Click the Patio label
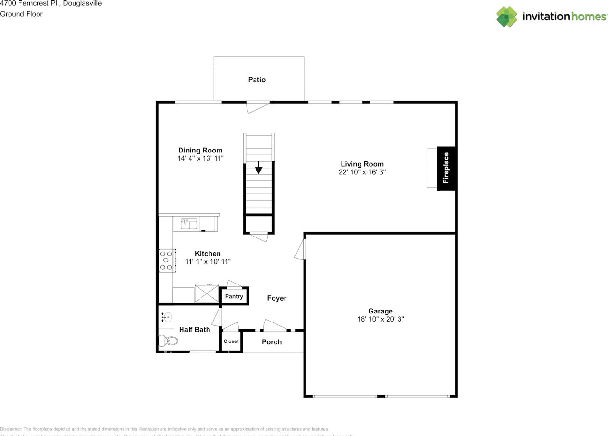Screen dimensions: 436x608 coord(256,80)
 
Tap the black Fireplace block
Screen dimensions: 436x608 coord(446,168)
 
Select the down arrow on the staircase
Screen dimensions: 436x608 coord(258,168)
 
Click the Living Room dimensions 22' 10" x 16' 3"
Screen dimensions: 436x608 coord(362,172)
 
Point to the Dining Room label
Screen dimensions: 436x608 coord(200,150)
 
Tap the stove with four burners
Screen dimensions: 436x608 coord(167,260)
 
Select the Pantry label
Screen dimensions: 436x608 coord(234,296)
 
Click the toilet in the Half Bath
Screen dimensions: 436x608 coord(168,341)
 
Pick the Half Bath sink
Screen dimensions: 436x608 coord(166,316)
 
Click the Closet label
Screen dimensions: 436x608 coord(231,341)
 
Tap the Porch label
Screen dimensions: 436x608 coord(272,342)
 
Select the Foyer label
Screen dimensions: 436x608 coord(276,298)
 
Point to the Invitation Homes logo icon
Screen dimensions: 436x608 coord(506,17)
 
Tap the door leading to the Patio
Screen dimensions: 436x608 coord(258,106)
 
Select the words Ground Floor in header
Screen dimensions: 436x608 coord(21,14)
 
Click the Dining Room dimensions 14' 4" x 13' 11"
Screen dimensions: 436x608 coord(200,158)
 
